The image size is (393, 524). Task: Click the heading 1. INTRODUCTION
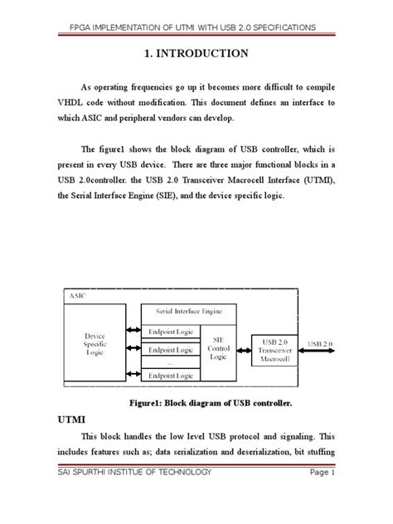196,55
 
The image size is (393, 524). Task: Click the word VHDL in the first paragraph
69,104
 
